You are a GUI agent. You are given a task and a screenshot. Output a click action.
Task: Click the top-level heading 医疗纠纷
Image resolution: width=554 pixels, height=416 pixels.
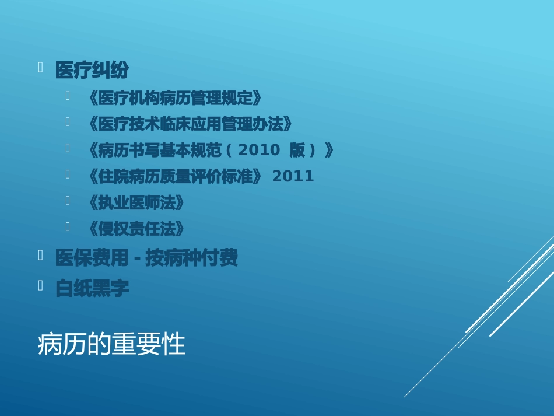coord(92,71)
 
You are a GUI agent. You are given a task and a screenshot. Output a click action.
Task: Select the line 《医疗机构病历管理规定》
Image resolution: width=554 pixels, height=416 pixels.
coord(174,98)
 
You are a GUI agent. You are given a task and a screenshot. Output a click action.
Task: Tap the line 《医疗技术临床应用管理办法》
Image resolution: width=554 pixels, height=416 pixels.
coord(188,124)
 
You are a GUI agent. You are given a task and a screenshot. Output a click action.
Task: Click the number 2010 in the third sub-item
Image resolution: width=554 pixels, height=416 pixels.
coord(259,151)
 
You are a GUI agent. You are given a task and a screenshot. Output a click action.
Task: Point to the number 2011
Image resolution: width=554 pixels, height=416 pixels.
coord(293,176)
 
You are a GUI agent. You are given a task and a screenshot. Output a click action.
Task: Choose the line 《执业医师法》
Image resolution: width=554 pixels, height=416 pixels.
coord(135,203)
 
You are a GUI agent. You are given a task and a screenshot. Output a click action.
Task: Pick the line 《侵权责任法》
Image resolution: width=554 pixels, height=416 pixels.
coord(135,229)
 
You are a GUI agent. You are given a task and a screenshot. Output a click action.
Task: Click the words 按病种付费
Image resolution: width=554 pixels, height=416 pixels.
coord(192,258)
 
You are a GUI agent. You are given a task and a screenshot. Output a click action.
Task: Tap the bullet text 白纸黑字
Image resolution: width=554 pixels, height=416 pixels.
coord(92,288)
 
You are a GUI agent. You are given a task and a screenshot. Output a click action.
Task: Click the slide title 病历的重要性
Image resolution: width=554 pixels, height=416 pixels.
coord(111,345)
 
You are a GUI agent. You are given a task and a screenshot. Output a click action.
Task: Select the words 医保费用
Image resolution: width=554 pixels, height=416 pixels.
coord(92,258)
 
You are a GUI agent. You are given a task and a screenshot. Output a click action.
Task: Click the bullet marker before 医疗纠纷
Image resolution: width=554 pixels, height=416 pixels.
coord(41,68)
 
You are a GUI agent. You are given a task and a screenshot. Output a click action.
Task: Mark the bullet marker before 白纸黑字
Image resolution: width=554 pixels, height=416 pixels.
coord(41,285)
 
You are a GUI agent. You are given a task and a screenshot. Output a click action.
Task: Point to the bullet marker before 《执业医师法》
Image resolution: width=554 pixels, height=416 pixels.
coord(68,200)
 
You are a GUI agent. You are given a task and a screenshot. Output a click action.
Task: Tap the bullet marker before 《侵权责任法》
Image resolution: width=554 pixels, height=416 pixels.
coord(68,226)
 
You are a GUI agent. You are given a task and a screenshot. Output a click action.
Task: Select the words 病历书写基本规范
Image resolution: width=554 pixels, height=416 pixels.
coord(160,151)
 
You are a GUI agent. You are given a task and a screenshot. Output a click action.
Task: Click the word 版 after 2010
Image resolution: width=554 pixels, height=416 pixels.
coord(297,151)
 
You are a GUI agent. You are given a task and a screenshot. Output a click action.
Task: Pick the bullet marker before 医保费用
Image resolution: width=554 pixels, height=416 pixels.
coord(41,255)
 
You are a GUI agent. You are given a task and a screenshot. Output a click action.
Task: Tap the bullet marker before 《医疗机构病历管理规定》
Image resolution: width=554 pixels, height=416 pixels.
coord(68,95)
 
